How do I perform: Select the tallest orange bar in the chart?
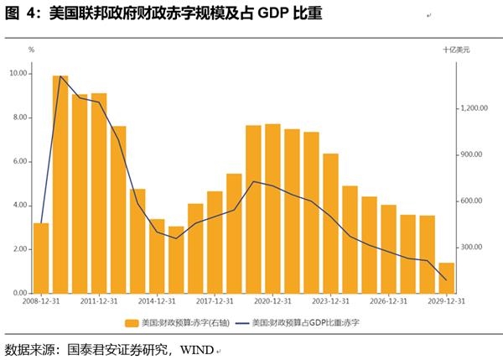pos(60,185)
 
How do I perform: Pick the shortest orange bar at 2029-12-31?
pos(447,278)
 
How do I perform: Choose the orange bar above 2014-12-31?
pos(157,256)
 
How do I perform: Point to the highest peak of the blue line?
pos(60,76)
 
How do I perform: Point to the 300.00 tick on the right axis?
pos(469,248)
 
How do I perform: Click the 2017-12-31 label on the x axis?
pos(215,301)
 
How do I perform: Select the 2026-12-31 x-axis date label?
pos(388,301)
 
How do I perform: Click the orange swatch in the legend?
pos(131,322)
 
